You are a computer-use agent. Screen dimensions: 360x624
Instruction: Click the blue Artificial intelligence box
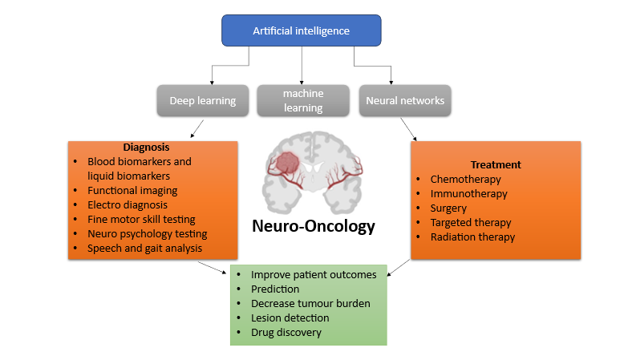302,31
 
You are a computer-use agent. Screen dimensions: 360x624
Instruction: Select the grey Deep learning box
202,101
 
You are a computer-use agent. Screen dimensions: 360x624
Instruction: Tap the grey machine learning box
302,101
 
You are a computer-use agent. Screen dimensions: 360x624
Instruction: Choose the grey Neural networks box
404,101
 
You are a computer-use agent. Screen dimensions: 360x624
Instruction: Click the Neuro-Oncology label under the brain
314,226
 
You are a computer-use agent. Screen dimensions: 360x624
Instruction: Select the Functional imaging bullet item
132,190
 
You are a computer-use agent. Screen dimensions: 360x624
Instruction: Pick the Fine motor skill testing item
141,219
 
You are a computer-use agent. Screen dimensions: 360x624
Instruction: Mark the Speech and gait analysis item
145,248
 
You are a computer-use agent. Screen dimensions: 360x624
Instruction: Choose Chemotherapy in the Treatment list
465,179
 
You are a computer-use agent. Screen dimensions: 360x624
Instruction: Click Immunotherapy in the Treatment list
468,193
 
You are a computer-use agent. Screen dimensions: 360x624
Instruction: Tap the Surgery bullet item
448,208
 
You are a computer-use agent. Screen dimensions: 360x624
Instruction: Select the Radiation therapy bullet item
472,237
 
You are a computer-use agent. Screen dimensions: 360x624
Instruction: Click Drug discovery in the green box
286,332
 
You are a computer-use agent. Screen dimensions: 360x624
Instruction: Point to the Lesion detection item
290,318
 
